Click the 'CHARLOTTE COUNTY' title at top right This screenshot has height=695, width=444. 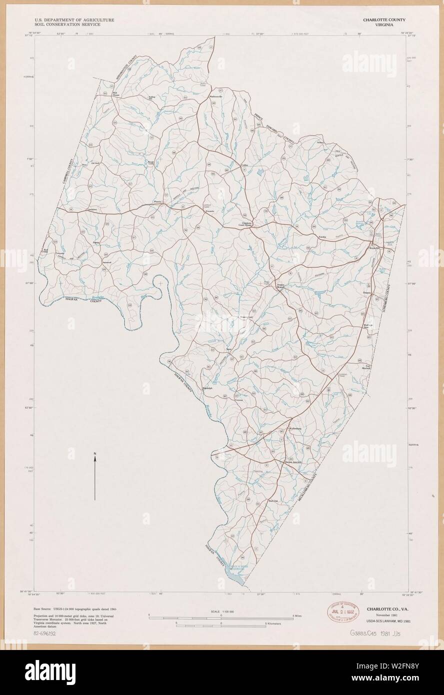pos(384,19)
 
